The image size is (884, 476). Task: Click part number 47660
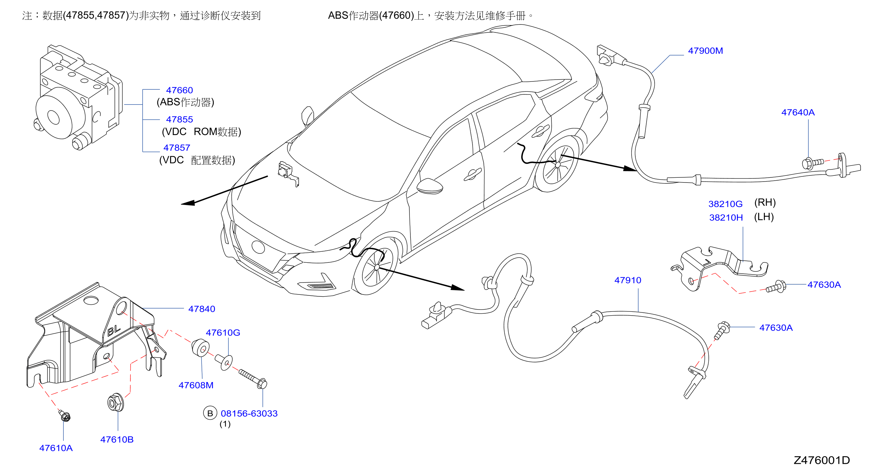click(179, 90)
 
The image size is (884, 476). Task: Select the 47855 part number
click(179, 120)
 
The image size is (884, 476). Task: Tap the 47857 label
click(177, 148)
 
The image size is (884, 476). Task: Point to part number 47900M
click(705, 51)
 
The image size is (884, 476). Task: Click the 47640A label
click(798, 112)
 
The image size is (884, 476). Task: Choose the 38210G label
click(725, 204)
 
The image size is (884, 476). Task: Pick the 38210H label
click(726, 218)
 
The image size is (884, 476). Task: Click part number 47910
click(628, 280)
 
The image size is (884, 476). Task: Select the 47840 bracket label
click(202, 309)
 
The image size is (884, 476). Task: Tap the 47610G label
click(223, 333)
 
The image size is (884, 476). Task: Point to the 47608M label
click(196, 385)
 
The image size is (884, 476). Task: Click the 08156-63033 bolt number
click(249, 413)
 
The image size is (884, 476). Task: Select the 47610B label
click(117, 440)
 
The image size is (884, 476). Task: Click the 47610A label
click(56, 448)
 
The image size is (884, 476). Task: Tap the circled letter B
click(210, 413)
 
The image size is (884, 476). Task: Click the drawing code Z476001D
click(822, 460)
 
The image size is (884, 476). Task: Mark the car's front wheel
click(376, 266)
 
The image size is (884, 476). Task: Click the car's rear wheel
click(557, 164)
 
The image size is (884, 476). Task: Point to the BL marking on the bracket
click(114, 330)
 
